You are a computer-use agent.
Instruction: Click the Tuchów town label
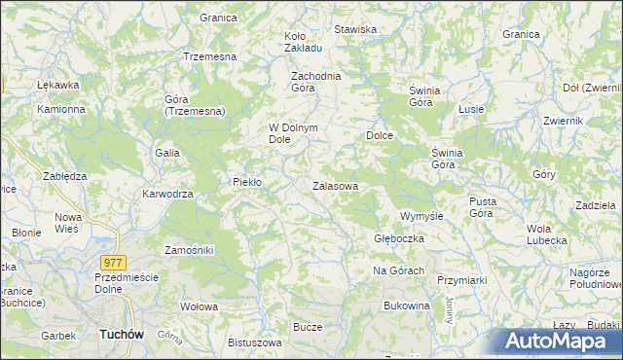click(x=122, y=334)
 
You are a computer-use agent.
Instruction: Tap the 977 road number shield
click(x=112, y=262)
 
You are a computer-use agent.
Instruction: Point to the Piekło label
click(x=247, y=182)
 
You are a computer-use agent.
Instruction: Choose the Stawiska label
click(x=355, y=29)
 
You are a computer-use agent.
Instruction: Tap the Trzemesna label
click(x=210, y=56)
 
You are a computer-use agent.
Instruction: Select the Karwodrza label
click(x=168, y=194)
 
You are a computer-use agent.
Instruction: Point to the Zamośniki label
click(x=189, y=250)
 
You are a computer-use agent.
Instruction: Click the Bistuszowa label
click(x=254, y=342)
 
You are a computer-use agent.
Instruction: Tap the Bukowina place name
click(x=407, y=306)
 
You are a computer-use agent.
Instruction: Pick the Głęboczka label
click(x=397, y=237)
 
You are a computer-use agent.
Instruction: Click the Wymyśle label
click(x=422, y=215)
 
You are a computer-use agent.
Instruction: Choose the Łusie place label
click(x=472, y=108)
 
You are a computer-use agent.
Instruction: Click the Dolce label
click(x=379, y=135)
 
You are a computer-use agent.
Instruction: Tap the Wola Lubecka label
click(x=546, y=234)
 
